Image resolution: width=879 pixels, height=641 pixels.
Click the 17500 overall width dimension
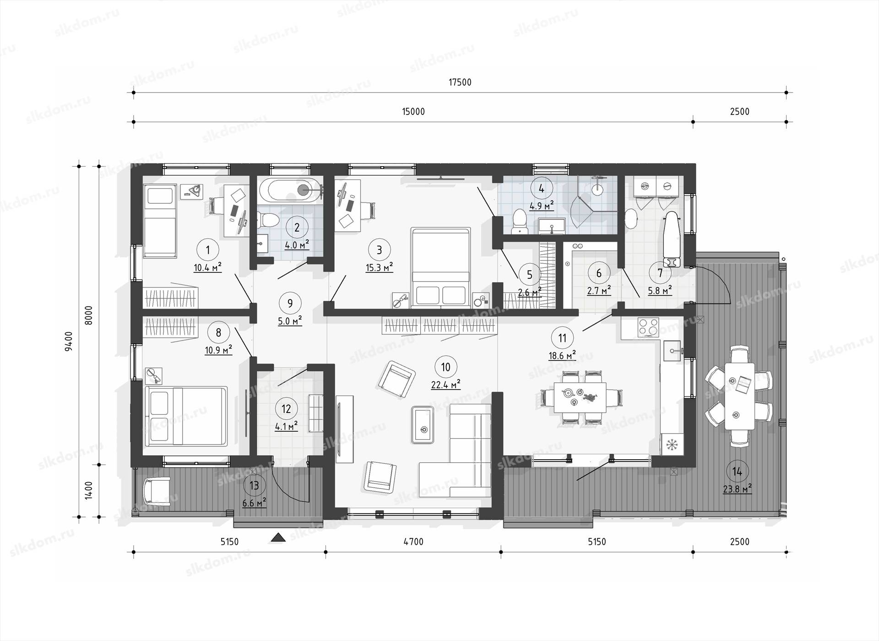tap(460, 82)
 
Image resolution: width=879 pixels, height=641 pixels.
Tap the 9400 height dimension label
tap(69, 341)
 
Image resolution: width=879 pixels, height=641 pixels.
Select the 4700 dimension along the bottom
tap(413, 542)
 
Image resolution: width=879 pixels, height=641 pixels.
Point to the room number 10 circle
tap(445, 367)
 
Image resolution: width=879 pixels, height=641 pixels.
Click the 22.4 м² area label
tap(445, 384)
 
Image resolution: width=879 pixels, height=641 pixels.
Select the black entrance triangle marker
tap(278, 538)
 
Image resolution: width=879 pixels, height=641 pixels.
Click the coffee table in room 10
tap(422, 424)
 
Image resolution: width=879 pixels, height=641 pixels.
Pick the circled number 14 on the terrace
tap(737, 472)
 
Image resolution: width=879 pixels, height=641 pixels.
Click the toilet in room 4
tap(520, 221)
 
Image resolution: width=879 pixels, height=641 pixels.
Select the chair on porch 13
tap(157, 491)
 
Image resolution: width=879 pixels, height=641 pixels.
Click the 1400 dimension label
tap(89, 490)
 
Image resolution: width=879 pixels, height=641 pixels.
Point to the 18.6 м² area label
tap(562, 355)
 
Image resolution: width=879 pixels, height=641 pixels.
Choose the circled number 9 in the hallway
tap(290, 303)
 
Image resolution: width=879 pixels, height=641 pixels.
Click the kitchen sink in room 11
tap(673, 351)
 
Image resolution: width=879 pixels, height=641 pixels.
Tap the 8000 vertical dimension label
tap(89, 315)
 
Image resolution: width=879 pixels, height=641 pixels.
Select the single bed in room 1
tap(160, 221)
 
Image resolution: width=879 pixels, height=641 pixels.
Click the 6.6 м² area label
tap(255, 502)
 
